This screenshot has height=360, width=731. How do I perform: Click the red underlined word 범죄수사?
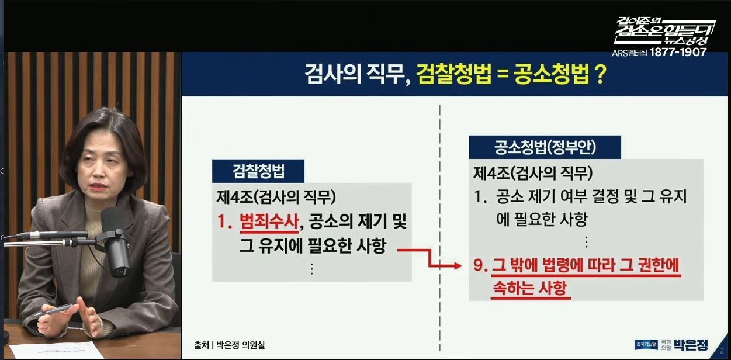point(269,221)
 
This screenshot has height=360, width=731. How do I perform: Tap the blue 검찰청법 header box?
point(258,171)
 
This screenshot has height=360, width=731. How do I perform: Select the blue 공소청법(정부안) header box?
point(545,147)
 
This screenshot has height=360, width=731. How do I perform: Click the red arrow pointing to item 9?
point(429,258)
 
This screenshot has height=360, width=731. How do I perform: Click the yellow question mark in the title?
point(601,75)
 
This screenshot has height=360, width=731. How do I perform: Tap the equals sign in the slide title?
point(503,75)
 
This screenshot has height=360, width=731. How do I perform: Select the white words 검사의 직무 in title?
point(357,75)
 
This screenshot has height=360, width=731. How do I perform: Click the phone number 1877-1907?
point(678,52)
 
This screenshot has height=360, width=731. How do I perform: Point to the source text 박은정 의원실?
point(241,345)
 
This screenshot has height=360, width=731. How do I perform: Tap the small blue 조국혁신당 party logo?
point(646,345)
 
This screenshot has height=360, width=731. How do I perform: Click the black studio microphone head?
point(116,243)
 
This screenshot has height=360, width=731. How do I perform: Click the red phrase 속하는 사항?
point(529,288)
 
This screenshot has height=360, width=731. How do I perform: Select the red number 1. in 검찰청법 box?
point(224,222)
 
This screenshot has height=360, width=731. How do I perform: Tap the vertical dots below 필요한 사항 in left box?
point(312,269)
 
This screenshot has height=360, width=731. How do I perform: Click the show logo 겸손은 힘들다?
point(664,32)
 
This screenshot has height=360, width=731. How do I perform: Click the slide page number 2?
point(722,351)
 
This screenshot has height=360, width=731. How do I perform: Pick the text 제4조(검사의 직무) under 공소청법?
point(532,173)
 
